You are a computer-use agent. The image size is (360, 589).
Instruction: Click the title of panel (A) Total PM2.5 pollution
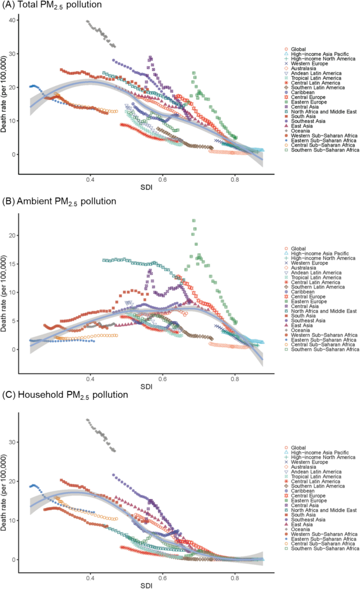52,5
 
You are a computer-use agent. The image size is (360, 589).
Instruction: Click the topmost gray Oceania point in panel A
88,22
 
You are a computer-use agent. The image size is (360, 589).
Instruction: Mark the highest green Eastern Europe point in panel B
194,221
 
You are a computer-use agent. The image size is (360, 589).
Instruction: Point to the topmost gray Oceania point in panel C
87,420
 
